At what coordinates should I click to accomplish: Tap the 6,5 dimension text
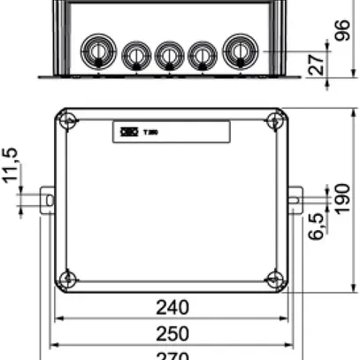tap(317, 225)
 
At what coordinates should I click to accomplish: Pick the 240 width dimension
tap(172, 308)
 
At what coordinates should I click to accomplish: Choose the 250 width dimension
tap(172, 334)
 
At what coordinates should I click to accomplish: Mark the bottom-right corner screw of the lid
tap(275, 280)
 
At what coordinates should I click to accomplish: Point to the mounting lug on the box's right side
tap(295, 200)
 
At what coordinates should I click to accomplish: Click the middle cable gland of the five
tap(168, 55)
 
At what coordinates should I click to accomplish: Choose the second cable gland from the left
tap(134, 55)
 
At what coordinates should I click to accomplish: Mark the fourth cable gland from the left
tap(202, 55)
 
